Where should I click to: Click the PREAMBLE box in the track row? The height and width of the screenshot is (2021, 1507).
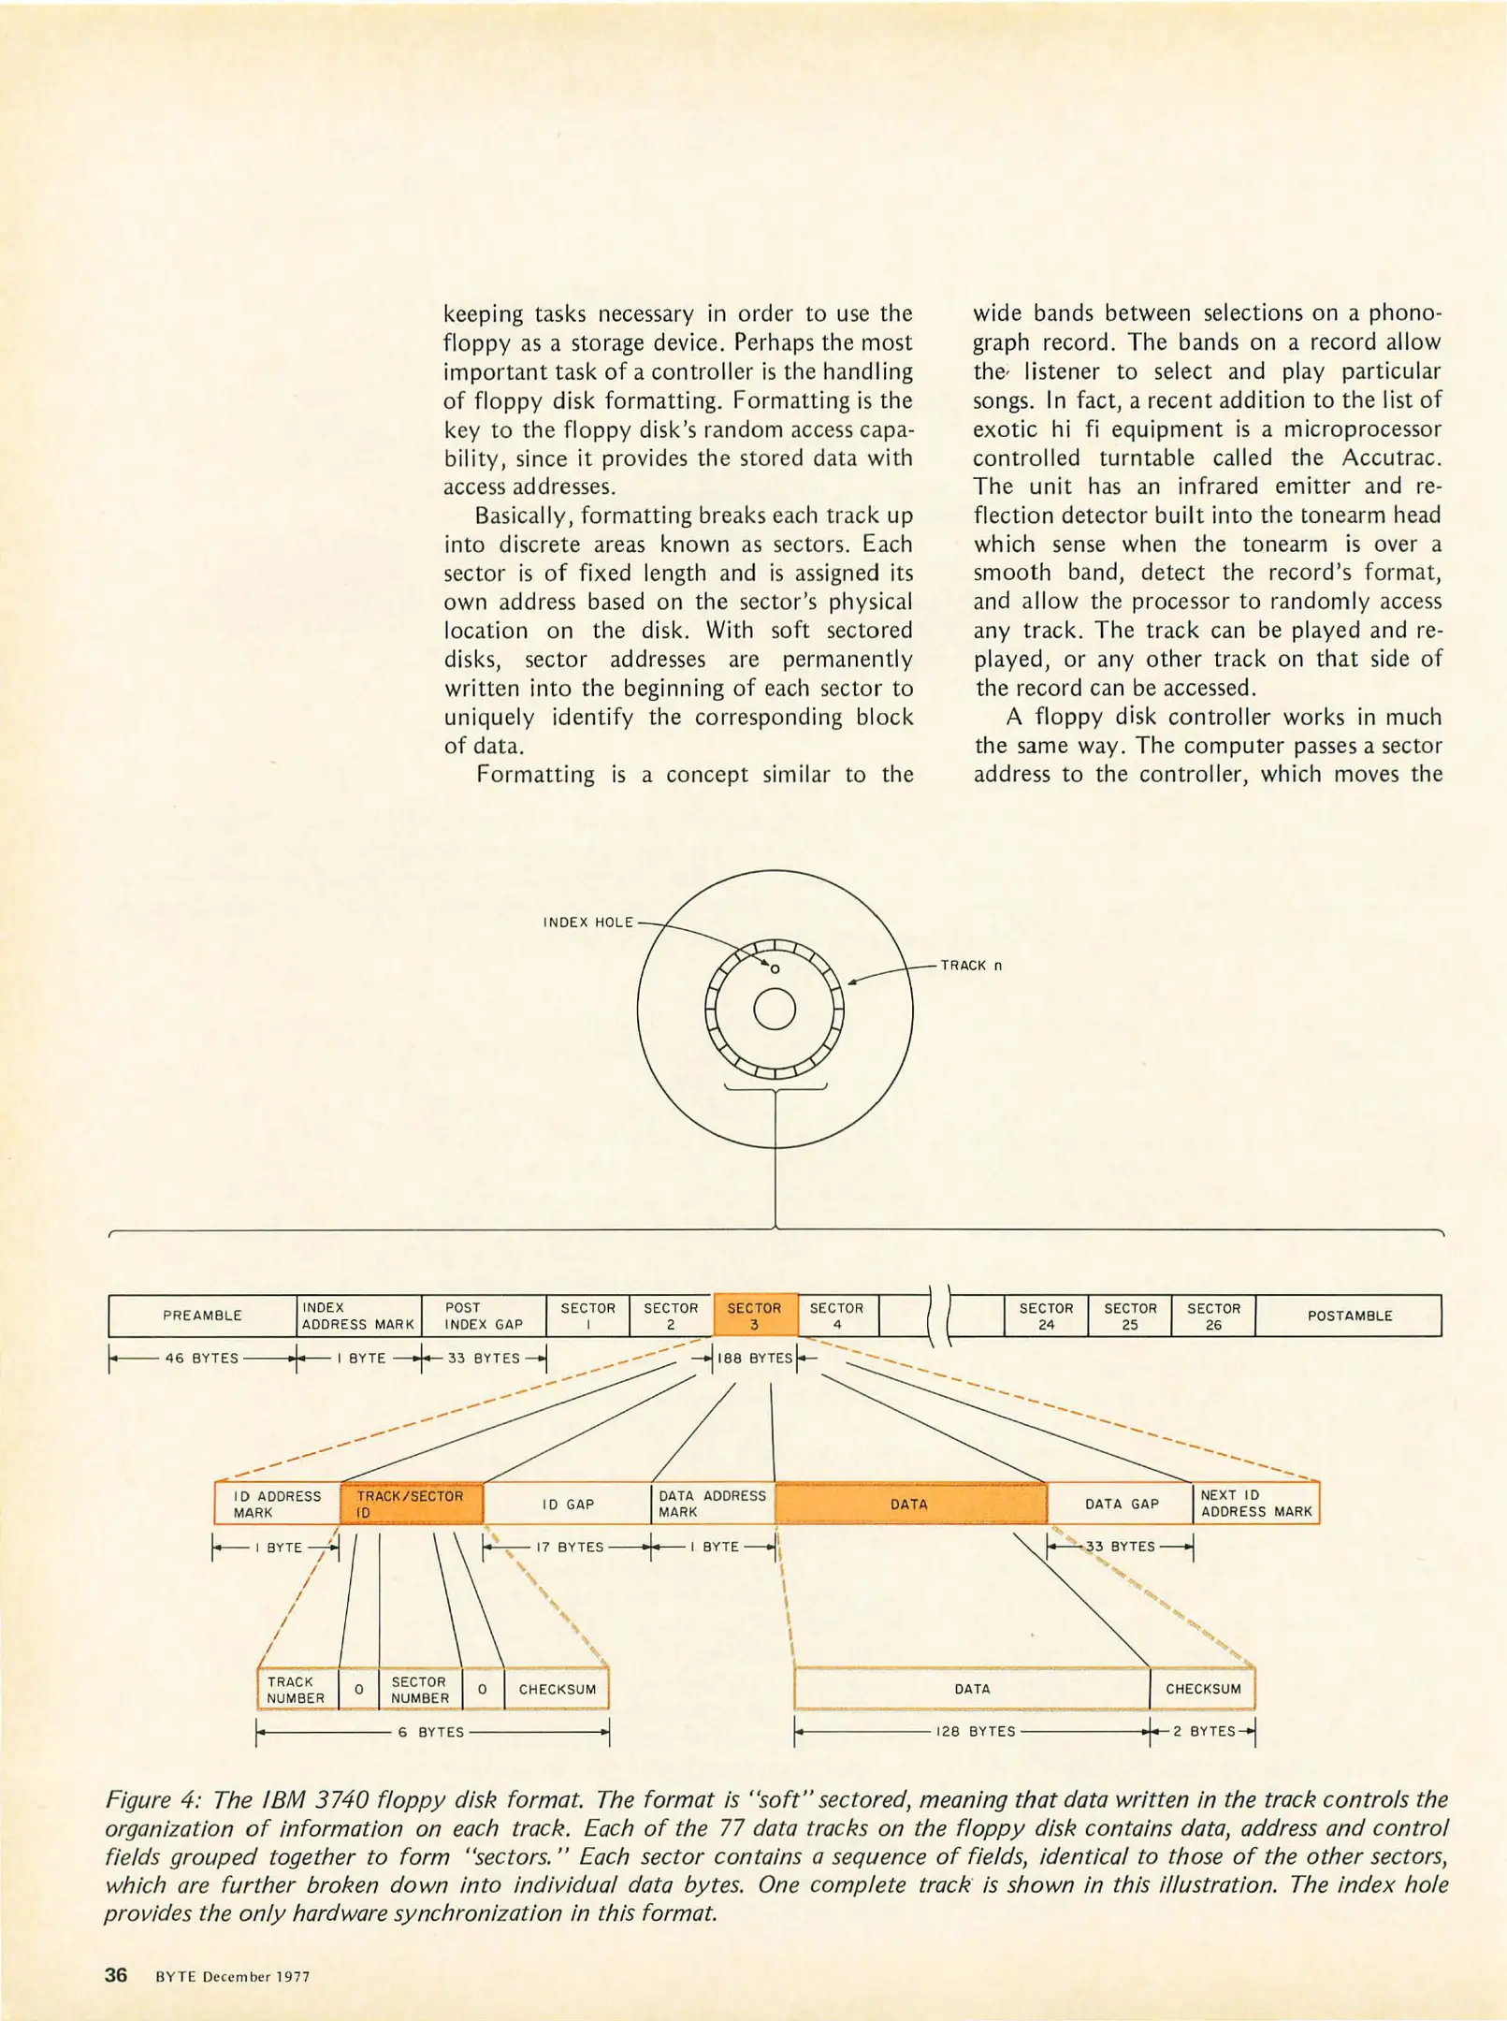[x=202, y=1316]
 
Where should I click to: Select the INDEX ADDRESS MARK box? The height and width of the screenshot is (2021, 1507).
[x=358, y=1316]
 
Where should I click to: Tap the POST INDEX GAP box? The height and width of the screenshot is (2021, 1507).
[x=484, y=1316]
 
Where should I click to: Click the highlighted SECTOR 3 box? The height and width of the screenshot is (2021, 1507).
[x=755, y=1316]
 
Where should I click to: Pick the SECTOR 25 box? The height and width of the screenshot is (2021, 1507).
[x=1130, y=1316]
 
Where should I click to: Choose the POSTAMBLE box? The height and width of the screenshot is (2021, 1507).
[x=1349, y=1316]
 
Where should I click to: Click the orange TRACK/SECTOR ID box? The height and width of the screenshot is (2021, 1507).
[x=411, y=1504]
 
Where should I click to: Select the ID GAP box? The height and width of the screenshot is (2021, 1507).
[x=568, y=1504]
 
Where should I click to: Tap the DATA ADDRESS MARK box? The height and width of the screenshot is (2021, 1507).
[x=712, y=1504]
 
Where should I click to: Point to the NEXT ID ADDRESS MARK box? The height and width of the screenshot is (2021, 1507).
[x=1255, y=1504]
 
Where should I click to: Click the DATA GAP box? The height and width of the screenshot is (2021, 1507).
[x=1121, y=1504]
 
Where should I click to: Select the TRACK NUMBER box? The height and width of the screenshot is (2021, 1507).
[x=297, y=1689]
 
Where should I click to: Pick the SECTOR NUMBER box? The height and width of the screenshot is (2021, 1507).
[x=420, y=1689]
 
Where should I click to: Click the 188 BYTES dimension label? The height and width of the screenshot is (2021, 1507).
[x=755, y=1359]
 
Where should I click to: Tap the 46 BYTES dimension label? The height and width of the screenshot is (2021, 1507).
[x=202, y=1359]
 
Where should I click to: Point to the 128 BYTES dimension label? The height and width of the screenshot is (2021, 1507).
[x=976, y=1732]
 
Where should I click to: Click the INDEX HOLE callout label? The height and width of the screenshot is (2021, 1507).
[x=588, y=923]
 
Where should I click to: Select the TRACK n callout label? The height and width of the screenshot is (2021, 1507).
[x=971, y=966]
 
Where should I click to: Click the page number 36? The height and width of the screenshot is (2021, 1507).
[x=116, y=1975]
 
